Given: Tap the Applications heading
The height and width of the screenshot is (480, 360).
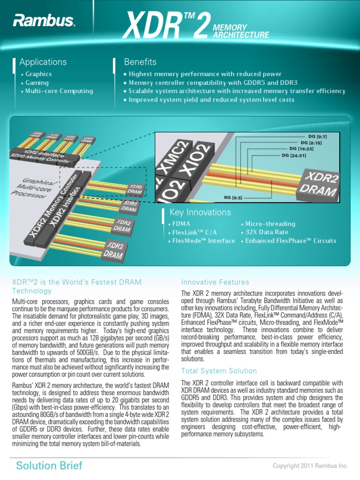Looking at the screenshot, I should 43,62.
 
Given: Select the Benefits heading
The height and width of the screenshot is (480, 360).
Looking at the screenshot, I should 140,62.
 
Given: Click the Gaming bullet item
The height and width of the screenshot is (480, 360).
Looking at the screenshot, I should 37,82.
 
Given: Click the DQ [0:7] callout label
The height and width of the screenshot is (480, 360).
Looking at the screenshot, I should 317,136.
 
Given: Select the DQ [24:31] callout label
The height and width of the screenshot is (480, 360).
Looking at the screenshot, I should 294,155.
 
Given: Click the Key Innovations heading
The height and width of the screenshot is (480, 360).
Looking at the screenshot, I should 200,212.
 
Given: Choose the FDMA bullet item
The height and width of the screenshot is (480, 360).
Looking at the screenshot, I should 180,224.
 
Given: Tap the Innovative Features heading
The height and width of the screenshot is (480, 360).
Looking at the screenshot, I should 215,282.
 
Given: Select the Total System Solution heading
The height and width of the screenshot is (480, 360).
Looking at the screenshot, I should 219,371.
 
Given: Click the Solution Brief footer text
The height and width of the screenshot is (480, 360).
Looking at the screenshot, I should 49,465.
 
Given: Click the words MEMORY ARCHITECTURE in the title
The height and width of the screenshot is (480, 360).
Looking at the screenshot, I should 241,31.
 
